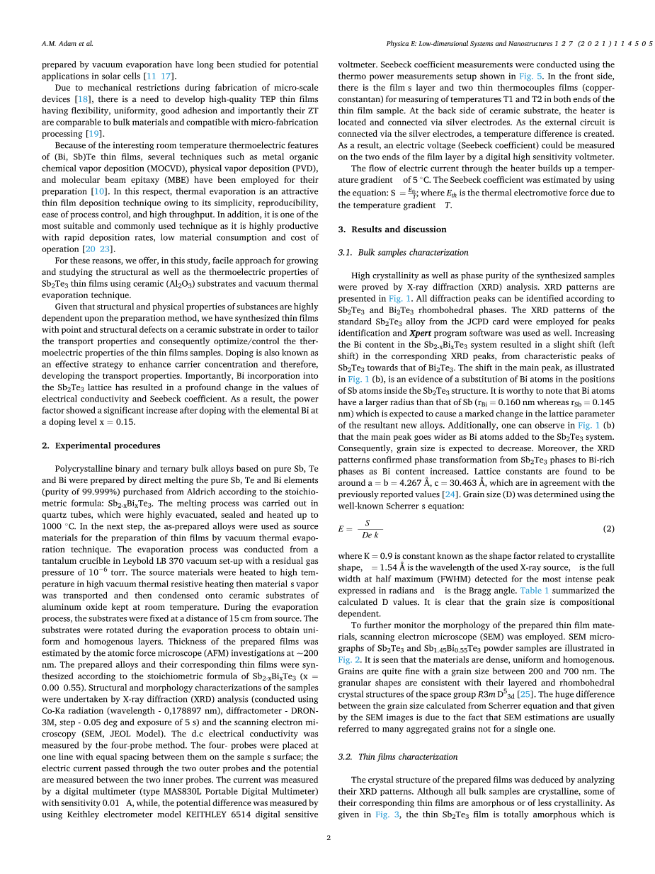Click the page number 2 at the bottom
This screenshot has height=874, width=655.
(329, 838)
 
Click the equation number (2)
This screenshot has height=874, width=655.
(608, 528)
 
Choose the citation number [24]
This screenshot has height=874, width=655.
(449, 494)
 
